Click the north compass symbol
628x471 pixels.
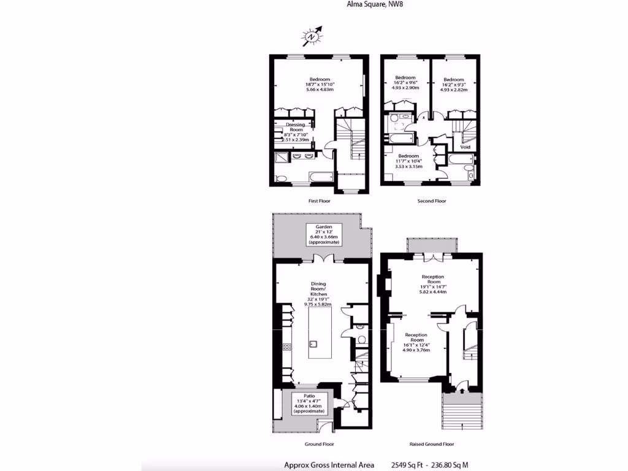pyautogui.click(x=312, y=37)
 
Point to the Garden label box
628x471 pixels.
pyautogui.click(x=323, y=234)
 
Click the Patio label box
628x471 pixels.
pyautogui.click(x=308, y=402)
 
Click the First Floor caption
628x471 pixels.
pyautogui.click(x=320, y=201)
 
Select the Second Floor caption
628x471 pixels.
pyautogui.click(x=432, y=201)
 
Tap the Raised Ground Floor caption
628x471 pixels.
pyautogui.click(x=432, y=443)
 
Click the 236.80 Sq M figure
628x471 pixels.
pyautogui.click(x=454, y=465)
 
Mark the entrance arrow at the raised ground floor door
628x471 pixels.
pyautogui.click(x=461, y=388)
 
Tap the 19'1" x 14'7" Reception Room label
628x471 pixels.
pyautogui.click(x=434, y=284)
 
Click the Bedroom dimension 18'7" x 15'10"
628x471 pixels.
pyautogui.click(x=320, y=85)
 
